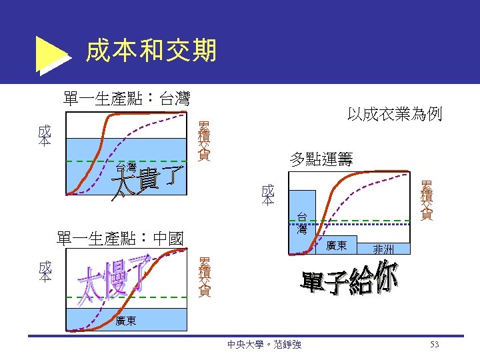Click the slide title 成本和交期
tap(151, 50)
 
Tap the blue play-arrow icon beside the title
tap(51, 53)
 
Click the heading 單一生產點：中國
tap(121, 238)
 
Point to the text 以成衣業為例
tap(395, 114)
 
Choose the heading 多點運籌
tap(321, 159)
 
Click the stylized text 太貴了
tap(148, 183)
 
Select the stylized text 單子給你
tap(350, 280)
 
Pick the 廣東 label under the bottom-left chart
tap(126, 321)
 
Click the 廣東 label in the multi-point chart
tap(336, 246)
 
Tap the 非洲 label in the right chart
tap(383, 249)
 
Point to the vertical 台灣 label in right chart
tap(302, 223)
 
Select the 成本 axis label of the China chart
tap(45, 271)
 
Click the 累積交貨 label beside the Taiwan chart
tap(204, 141)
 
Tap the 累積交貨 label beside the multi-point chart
tap(426, 200)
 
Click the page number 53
tap(435, 345)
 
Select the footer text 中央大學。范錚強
tap(264, 345)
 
